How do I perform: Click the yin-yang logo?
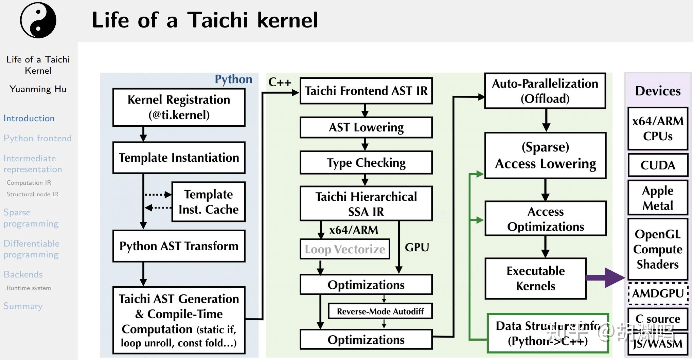(38, 20)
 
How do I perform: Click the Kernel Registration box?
(179, 107)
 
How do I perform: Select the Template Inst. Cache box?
(208, 202)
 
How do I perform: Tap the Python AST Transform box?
(179, 246)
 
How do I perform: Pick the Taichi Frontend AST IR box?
(366, 91)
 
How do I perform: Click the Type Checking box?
(366, 163)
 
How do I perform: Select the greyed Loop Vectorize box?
(344, 249)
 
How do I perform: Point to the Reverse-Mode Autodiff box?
(380, 311)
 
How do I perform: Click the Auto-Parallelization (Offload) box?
(545, 91)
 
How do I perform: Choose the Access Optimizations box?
(545, 218)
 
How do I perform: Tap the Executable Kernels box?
(535, 278)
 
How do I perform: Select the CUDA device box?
(658, 165)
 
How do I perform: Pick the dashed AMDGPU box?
(658, 293)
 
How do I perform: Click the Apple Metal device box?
(658, 198)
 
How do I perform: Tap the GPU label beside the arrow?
(417, 247)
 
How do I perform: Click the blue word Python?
(233, 79)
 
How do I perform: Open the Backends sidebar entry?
(23, 274)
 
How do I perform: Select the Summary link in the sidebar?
(23, 306)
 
